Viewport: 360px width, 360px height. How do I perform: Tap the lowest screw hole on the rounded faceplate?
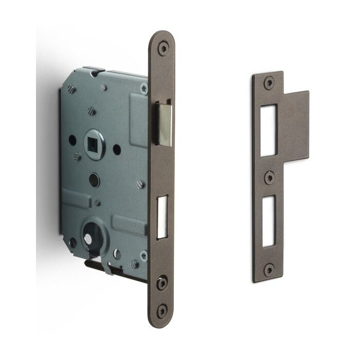tap(163, 309)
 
